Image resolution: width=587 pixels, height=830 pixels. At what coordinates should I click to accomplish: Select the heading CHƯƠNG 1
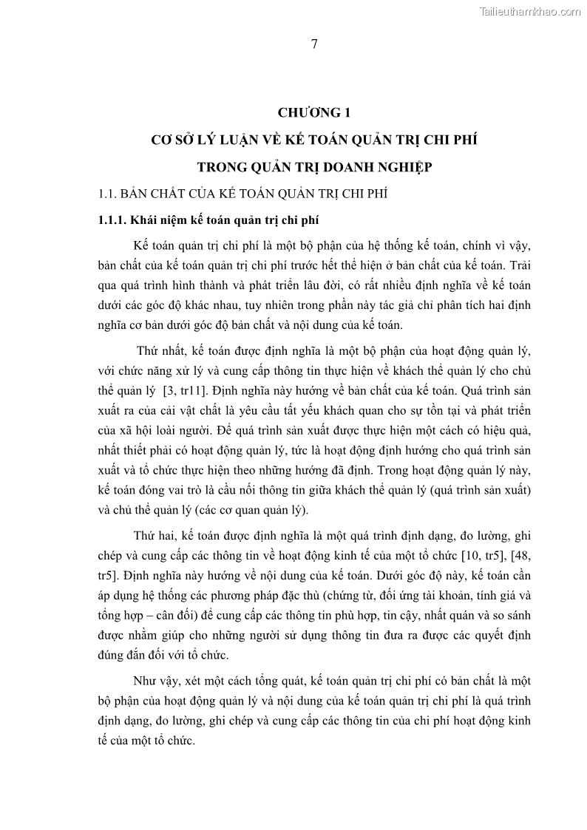click(x=313, y=112)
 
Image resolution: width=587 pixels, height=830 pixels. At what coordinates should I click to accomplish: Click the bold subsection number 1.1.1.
click(x=114, y=221)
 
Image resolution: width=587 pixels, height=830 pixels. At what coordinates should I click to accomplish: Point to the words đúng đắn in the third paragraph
click(x=122, y=654)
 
